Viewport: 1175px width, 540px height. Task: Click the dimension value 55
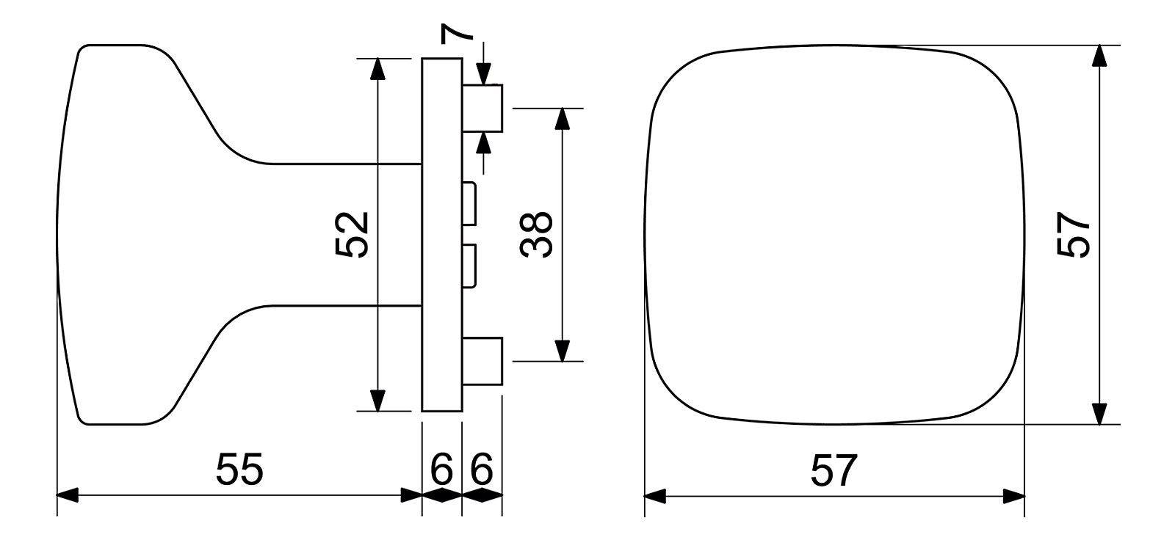point(239,470)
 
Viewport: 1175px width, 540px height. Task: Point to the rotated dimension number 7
point(455,32)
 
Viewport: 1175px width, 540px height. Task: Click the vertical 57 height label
point(1073,235)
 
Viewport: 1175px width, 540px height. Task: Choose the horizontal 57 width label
point(834,470)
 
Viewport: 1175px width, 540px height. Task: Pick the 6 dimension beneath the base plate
point(441,470)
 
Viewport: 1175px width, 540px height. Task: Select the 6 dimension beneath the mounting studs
point(482,470)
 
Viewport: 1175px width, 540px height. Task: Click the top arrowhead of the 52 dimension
point(377,68)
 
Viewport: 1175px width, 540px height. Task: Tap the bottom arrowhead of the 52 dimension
point(377,401)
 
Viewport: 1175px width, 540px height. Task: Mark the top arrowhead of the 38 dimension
point(562,119)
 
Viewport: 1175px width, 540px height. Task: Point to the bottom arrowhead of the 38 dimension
point(562,351)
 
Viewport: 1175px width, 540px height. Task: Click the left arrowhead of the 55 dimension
point(68,495)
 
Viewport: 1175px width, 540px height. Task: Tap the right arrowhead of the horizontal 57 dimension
point(1014,495)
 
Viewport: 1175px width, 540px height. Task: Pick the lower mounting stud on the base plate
point(482,360)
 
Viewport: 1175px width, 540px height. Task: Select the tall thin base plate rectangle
point(442,235)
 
